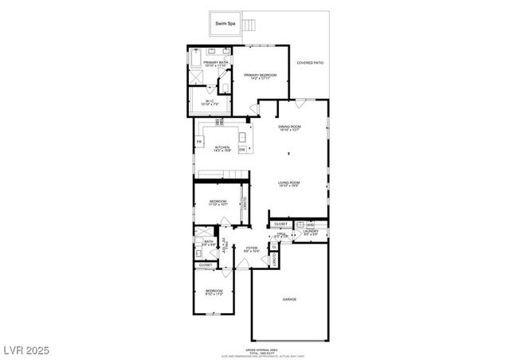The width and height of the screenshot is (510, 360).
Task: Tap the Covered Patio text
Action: pyautogui.click(x=310, y=61)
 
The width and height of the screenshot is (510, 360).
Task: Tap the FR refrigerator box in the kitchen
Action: pyautogui.click(x=199, y=142)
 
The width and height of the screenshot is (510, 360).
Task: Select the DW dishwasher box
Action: pyautogui.click(x=241, y=149)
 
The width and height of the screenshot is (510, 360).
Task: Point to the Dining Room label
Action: pyautogui.click(x=289, y=128)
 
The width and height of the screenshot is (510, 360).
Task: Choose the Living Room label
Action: pyautogui.click(x=288, y=185)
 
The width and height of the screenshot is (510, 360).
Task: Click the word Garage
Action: pyautogui.click(x=289, y=299)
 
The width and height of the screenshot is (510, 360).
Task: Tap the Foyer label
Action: pyautogui.click(x=251, y=249)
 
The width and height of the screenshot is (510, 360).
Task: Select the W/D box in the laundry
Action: pyautogui.click(x=310, y=225)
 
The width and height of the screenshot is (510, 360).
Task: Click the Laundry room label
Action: pyautogui.click(x=311, y=233)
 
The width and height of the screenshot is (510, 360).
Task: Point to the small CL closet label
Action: pyautogui.click(x=273, y=247)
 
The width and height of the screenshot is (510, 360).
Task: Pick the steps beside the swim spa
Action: pyautogui.click(x=249, y=25)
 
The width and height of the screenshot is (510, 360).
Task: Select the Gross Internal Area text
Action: pyautogui.click(x=289, y=349)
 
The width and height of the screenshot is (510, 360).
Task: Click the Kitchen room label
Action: pyautogui.click(x=222, y=148)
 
